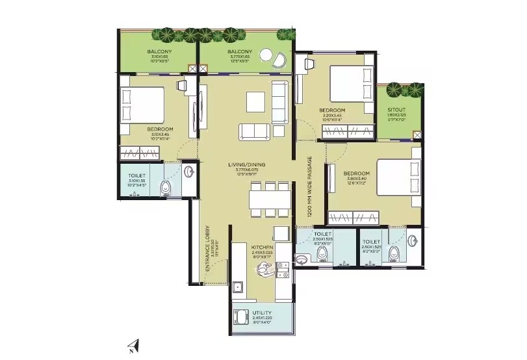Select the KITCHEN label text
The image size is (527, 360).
click(x=263, y=248)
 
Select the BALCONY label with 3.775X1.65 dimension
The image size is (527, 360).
click(x=240, y=52)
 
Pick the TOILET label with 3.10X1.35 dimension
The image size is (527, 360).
click(x=137, y=175)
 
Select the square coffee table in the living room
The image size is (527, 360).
click(x=255, y=101)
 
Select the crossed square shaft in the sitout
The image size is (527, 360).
click(x=417, y=135)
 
